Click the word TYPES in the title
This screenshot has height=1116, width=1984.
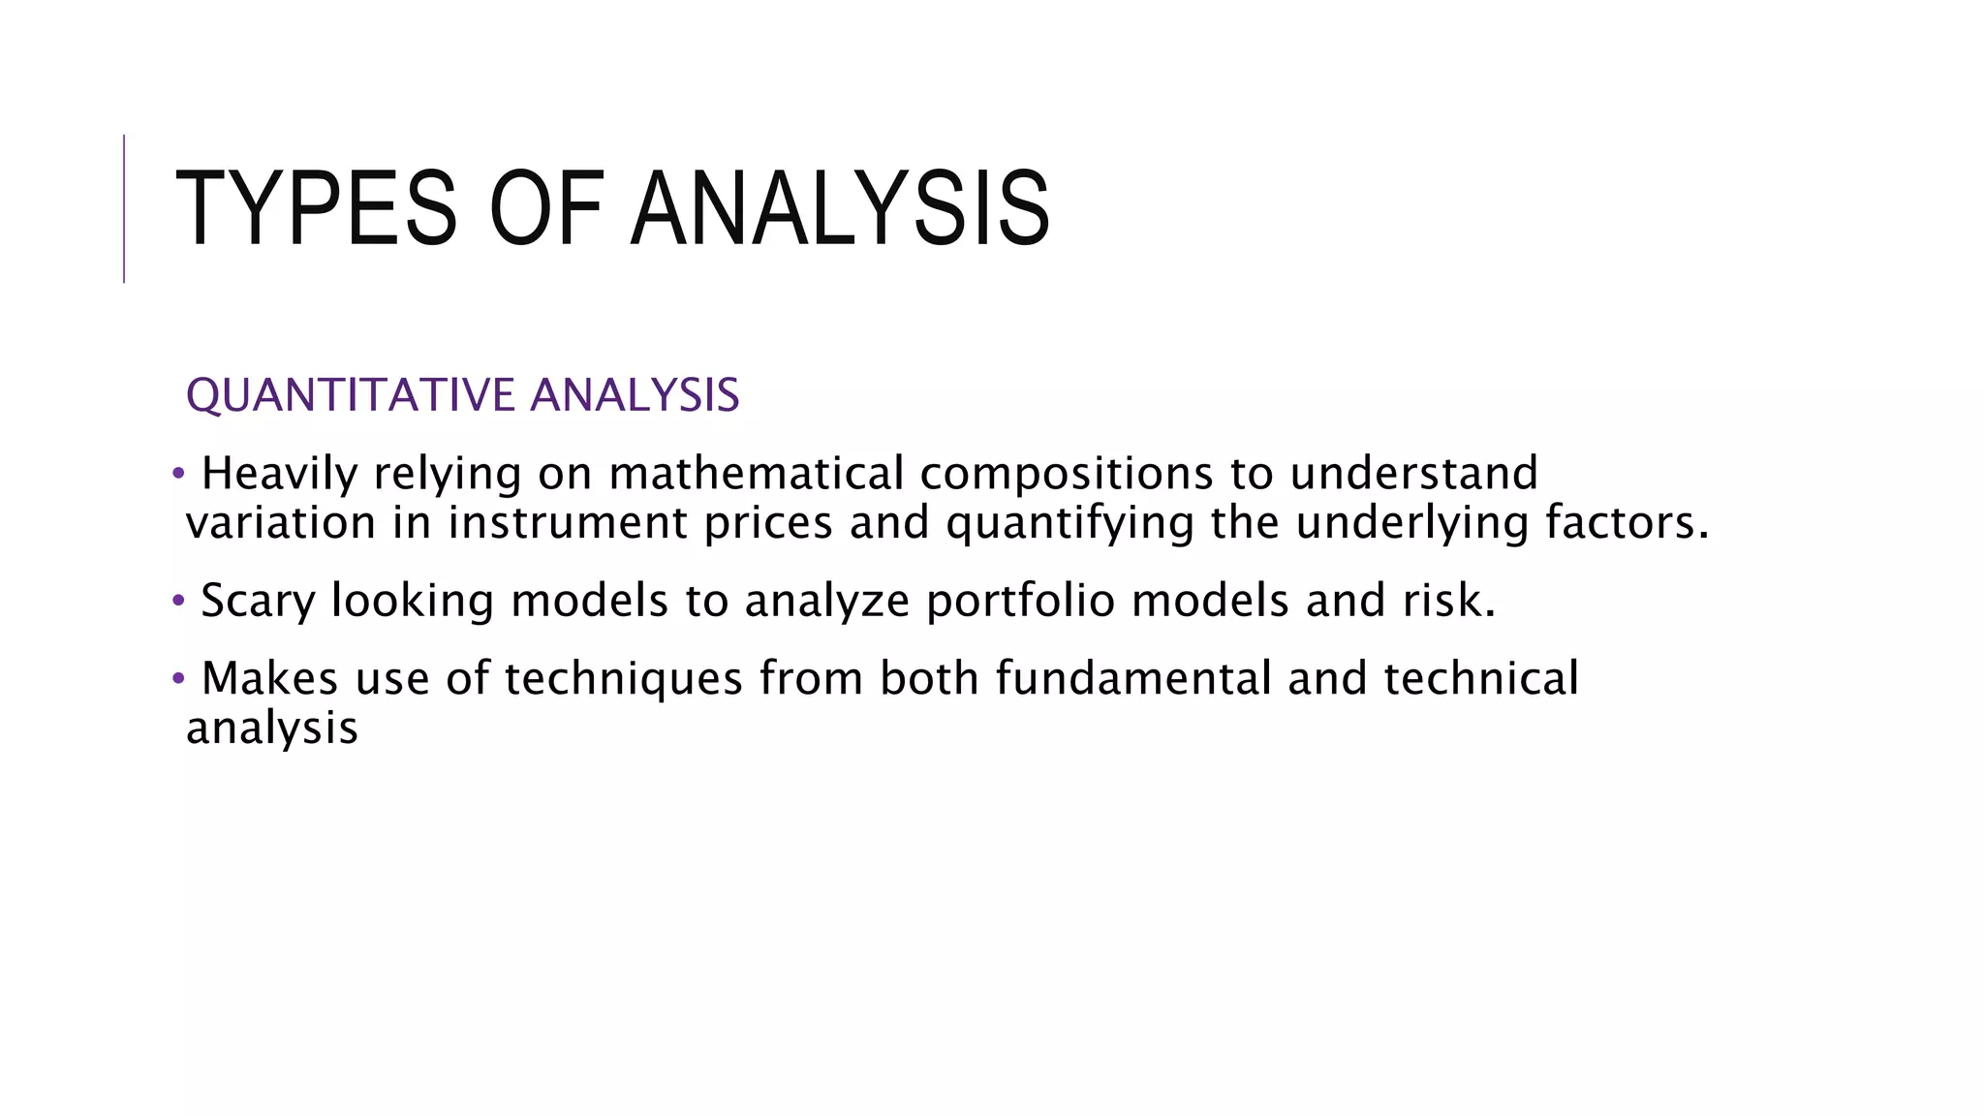pyautogui.click(x=316, y=209)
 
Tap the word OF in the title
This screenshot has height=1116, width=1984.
pyautogui.click(x=546, y=209)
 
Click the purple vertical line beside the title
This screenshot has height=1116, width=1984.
pyautogui.click(x=124, y=208)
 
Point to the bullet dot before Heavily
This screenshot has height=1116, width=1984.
pyautogui.click(x=177, y=474)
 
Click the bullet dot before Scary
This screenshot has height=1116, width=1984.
pyautogui.click(x=177, y=601)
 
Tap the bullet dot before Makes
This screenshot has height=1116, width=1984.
pyautogui.click(x=177, y=678)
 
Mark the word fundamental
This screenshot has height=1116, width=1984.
pyautogui.click(x=1132, y=678)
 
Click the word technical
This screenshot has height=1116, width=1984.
pyautogui.click(x=1481, y=678)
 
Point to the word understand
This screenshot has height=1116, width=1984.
pyautogui.click(x=1413, y=474)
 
